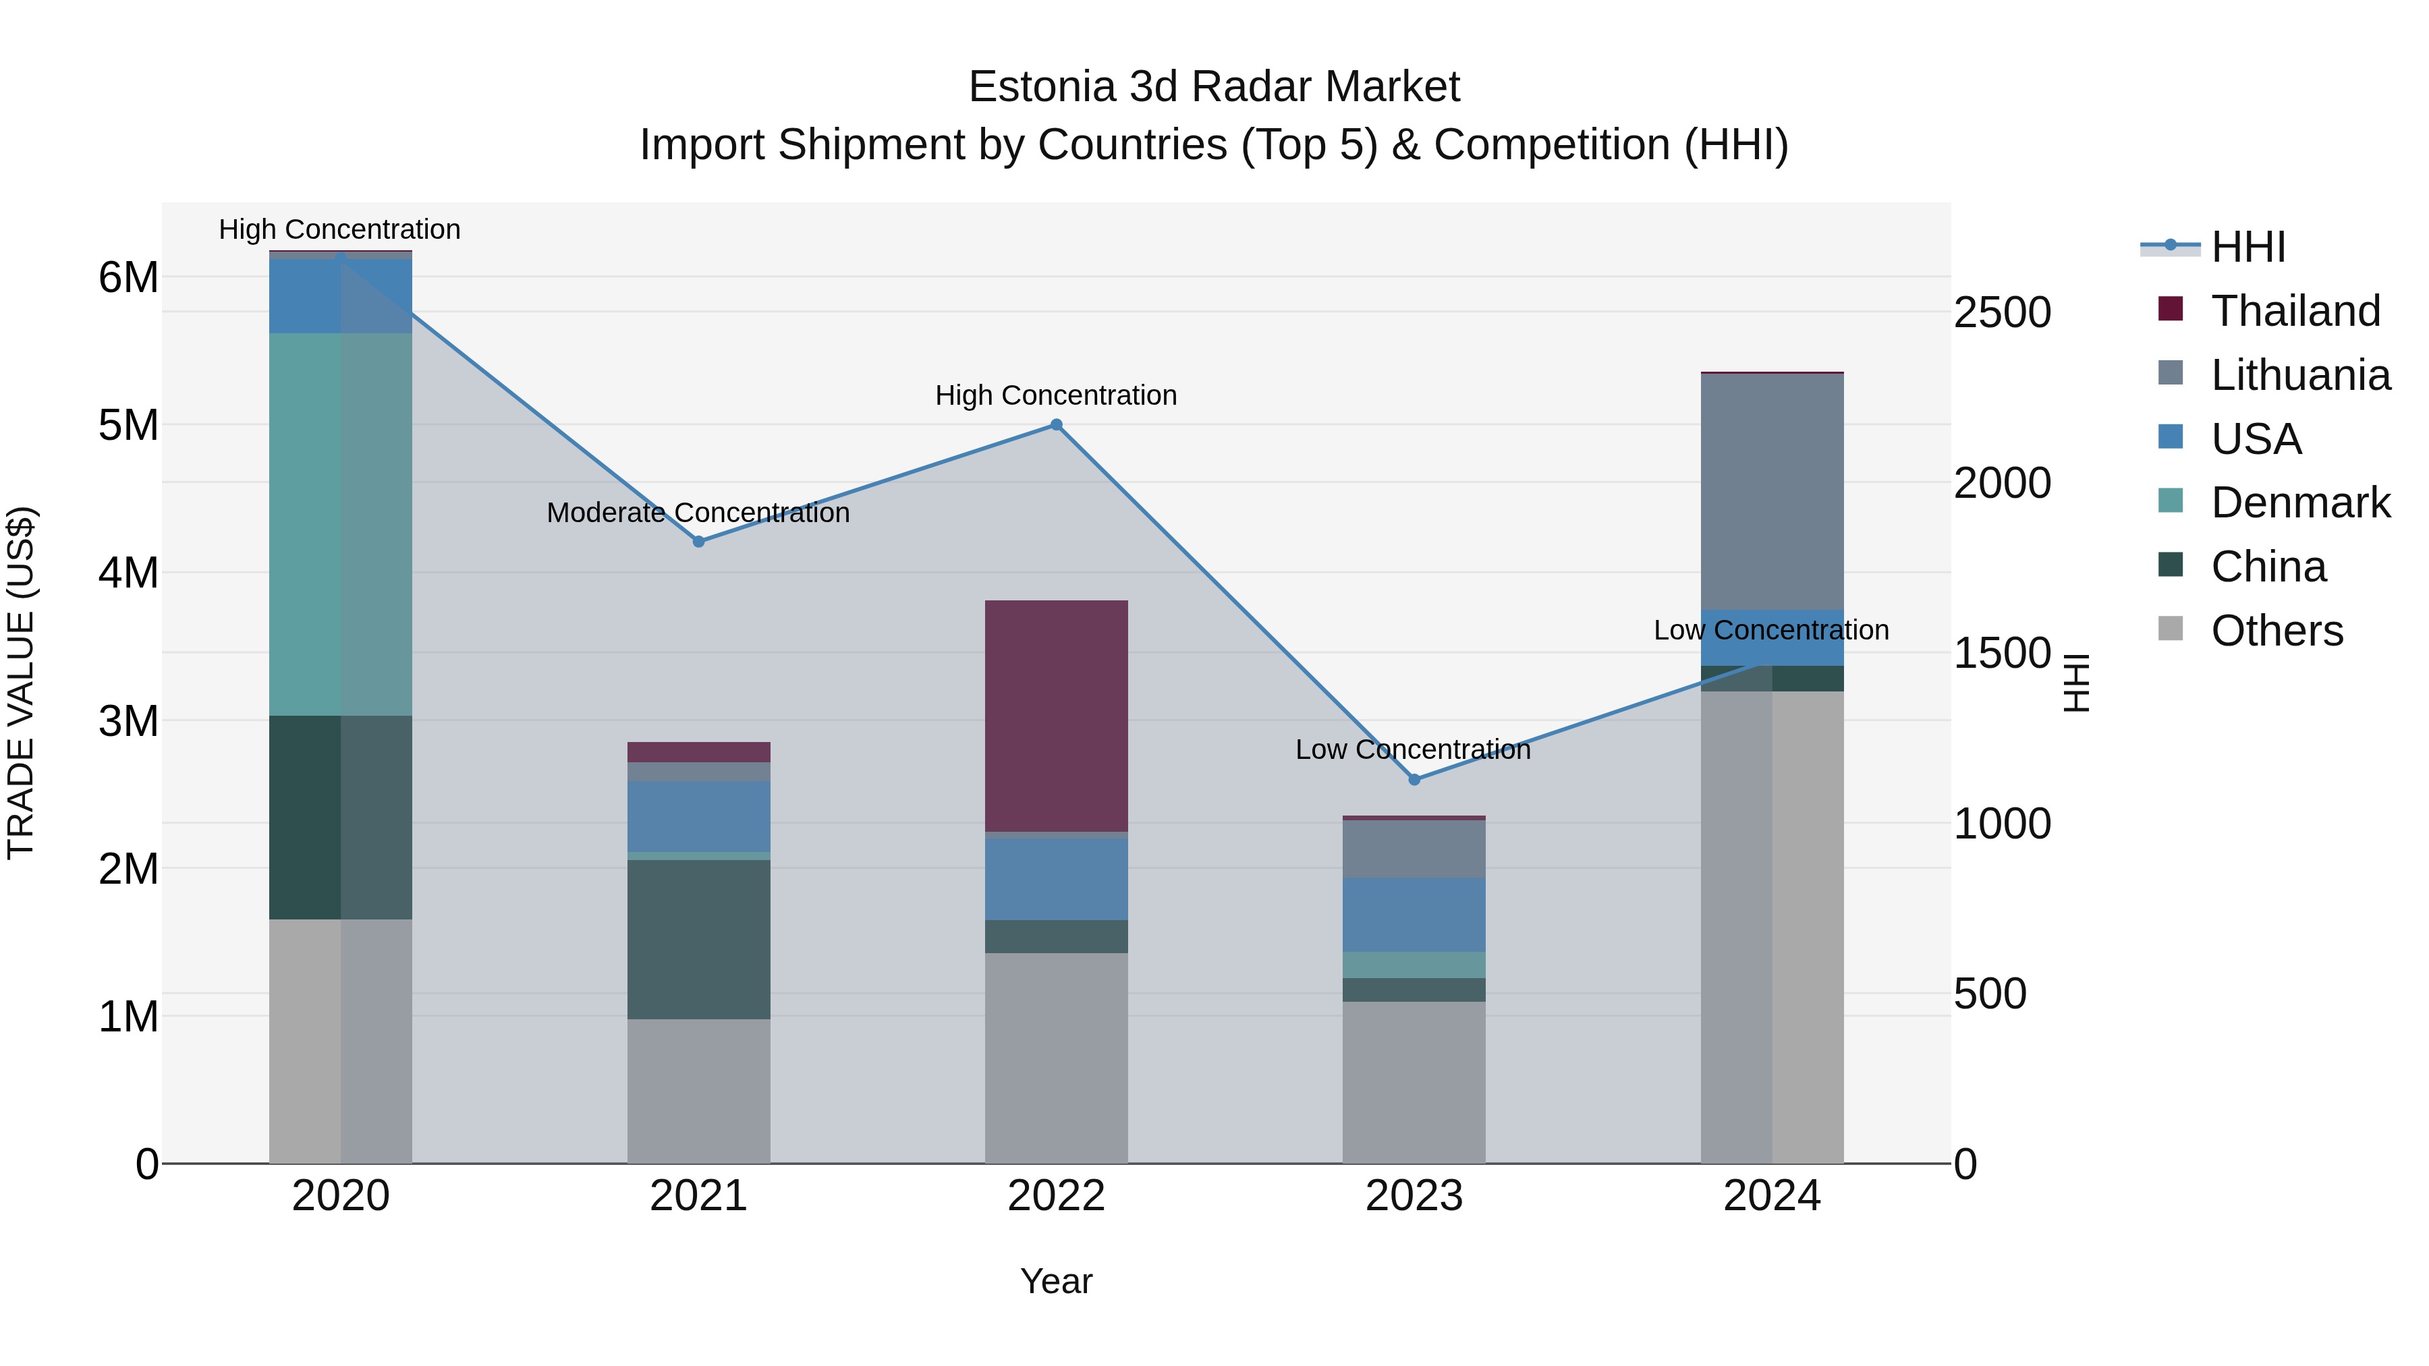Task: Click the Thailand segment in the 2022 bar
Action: pos(1056,716)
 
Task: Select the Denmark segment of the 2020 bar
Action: pos(341,524)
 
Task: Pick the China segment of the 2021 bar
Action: pos(699,939)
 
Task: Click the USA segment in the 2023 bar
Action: pos(1414,915)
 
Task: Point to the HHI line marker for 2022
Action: pos(1056,425)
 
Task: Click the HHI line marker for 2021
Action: pos(699,542)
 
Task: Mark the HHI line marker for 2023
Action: pos(1414,780)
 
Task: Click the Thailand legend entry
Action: pos(2295,311)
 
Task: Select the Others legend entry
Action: pos(2277,631)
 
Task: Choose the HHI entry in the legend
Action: pos(2248,247)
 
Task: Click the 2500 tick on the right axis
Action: pos(2002,313)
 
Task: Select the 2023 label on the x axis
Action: pos(1414,1196)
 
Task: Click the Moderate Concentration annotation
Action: pos(698,513)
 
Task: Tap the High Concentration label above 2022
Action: pos(1056,395)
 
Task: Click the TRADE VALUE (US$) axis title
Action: pos(22,683)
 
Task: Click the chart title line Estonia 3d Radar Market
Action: pos(1214,87)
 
